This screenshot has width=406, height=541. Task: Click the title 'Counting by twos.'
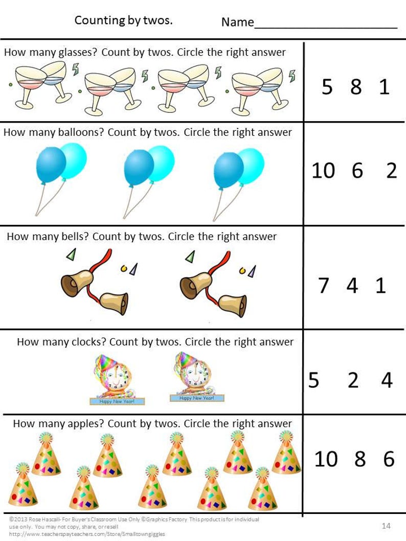point(123,20)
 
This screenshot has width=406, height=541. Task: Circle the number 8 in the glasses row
point(356,87)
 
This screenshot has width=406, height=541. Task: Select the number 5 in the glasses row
point(327,87)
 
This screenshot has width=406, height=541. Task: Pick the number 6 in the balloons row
point(357,170)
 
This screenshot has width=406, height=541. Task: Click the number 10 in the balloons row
point(323,170)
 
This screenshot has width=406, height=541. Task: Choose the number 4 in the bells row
point(352,285)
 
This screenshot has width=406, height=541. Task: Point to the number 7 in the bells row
point(323,285)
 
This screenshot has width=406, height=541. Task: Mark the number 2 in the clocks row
point(353,380)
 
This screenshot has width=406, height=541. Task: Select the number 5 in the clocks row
point(313,380)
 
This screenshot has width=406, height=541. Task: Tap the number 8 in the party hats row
point(360,459)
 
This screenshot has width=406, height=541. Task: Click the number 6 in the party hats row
point(389,459)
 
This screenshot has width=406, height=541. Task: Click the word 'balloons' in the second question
point(81,132)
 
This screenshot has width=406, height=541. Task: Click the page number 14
point(386,526)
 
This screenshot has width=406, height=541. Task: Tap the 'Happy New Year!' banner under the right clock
point(197,398)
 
